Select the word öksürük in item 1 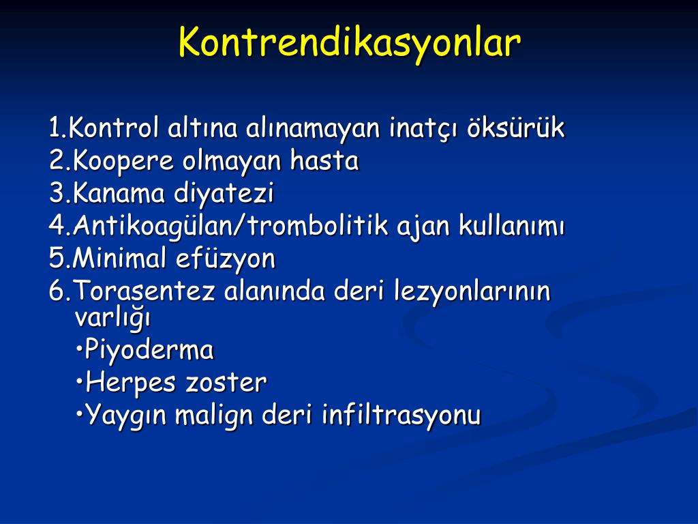(515, 128)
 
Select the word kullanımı (511, 225)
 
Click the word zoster (226, 383)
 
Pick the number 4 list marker (57, 225)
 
